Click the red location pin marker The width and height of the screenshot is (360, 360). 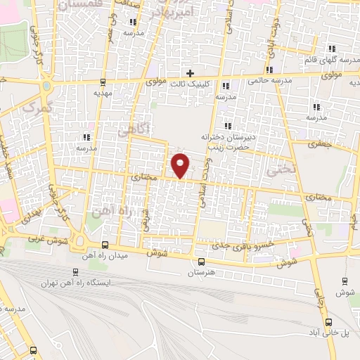click(181, 165)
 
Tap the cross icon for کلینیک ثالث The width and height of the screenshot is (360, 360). click(190, 72)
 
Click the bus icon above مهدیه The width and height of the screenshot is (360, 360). click(103, 81)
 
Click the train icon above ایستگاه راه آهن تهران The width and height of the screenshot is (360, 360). click(76, 272)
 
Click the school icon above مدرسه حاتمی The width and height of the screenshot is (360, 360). click(271, 70)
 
